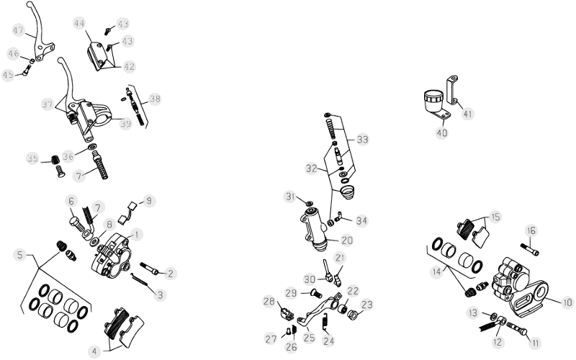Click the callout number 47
[19, 30]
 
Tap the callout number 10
[567, 302]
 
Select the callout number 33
[362, 140]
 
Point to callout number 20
[347, 240]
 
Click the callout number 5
[19, 255]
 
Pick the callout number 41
[467, 114]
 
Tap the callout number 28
[269, 301]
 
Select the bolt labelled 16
[530, 249]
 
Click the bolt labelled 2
[150, 268]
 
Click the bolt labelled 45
[27, 70]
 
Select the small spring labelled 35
[55, 159]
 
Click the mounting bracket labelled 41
[452, 89]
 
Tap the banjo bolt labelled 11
[517, 328]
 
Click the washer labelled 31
[310, 202]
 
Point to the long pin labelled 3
[140, 279]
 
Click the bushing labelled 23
[353, 315]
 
